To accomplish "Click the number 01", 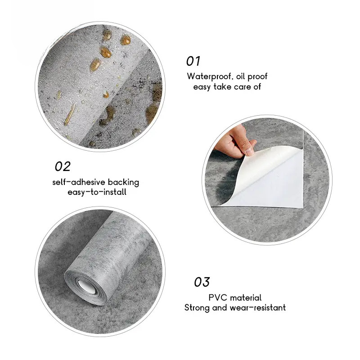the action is (x=193, y=61).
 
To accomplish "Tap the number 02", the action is (x=63, y=166).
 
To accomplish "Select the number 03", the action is (x=202, y=282).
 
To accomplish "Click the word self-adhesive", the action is (x=79, y=182).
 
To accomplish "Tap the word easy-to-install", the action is (x=97, y=192).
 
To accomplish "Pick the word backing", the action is (x=123, y=182).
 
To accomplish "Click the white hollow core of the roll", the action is (x=87, y=287).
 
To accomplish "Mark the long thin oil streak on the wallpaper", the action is (x=70, y=115).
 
